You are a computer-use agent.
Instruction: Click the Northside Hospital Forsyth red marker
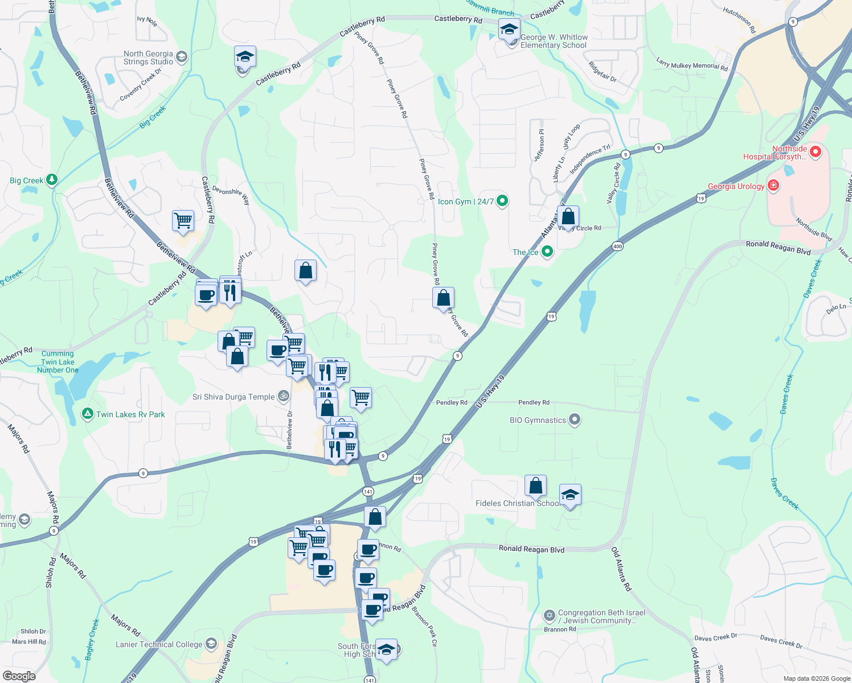point(815,151)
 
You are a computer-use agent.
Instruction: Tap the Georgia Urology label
point(736,186)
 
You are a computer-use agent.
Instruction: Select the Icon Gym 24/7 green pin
point(502,201)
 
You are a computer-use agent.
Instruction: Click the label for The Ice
point(525,252)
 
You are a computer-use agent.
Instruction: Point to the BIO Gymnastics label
point(538,421)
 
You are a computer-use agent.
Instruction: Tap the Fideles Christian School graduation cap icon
point(570,495)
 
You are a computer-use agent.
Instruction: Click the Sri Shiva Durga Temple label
point(234,397)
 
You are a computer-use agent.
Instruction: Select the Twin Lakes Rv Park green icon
point(88,414)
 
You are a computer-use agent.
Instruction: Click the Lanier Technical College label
point(159,644)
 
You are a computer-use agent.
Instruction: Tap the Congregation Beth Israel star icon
point(550,615)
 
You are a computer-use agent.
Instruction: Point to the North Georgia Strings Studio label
point(148,57)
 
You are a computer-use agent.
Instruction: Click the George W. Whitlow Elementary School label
point(554,41)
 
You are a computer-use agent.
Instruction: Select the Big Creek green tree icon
point(52,180)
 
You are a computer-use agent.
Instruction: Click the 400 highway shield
point(618,246)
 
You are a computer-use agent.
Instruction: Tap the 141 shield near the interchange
point(368,491)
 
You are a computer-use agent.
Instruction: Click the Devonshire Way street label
point(231,194)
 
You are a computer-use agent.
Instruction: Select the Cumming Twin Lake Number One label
point(58,362)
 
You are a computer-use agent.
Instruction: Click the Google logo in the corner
point(19,676)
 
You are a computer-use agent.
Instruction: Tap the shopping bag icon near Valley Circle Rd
point(568,217)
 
